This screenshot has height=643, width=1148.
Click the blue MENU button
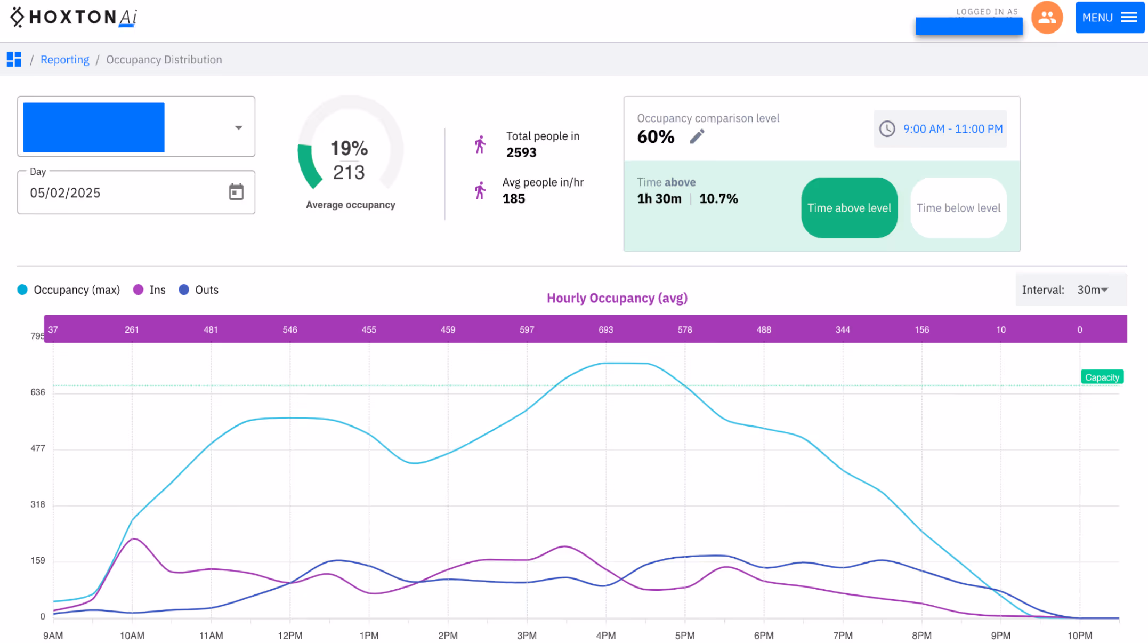1109,18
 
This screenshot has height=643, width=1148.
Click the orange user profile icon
1046,18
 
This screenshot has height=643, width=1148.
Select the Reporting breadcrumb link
64,60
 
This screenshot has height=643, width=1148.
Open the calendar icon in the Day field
236,192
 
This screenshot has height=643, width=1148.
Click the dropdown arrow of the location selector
238,127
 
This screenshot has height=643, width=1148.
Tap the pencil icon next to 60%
697,136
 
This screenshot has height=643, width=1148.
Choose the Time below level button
958,208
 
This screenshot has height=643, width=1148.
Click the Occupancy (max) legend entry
69,290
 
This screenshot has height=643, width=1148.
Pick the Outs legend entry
199,290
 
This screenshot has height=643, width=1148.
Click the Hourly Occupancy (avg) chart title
617,298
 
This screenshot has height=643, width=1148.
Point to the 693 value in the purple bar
605,329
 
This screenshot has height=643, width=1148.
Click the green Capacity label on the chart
1102,377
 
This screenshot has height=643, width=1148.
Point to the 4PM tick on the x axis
605,635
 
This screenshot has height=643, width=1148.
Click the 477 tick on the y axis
37,448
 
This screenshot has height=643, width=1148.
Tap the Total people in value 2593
521,152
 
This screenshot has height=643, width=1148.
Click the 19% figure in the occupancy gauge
349,148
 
